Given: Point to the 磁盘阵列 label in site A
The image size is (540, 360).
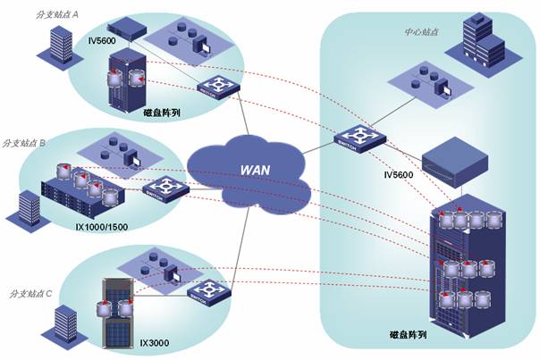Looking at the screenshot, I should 162,113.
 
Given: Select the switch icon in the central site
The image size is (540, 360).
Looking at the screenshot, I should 353,140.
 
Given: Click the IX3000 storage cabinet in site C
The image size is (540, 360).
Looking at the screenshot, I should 118,312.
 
